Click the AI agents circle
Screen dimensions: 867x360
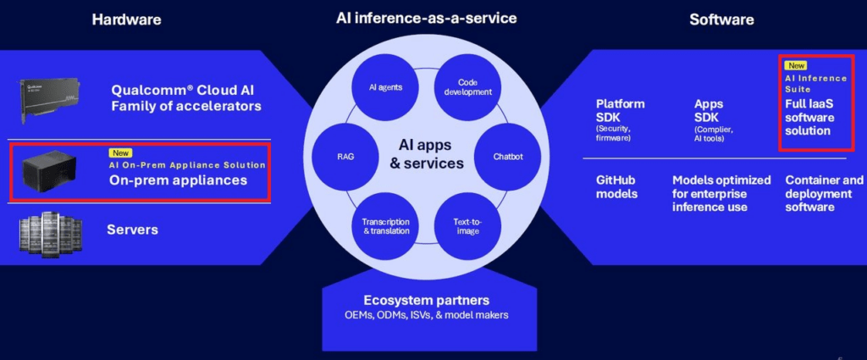(385, 87)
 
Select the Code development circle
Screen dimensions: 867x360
(467, 87)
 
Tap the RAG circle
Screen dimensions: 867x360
(345, 157)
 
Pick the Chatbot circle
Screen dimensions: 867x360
(508, 157)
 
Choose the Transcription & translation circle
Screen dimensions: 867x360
(386, 226)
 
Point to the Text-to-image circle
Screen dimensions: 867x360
(467, 226)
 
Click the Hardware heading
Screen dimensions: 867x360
(127, 20)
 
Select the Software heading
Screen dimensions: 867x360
(721, 20)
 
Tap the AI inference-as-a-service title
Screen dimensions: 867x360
(427, 19)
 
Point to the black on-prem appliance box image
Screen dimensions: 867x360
(48, 171)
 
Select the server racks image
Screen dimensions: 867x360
(51, 231)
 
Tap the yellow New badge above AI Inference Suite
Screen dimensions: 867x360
(796, 66)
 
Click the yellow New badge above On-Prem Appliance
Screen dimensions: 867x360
(120, 153)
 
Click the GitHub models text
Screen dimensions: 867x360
(616, 187)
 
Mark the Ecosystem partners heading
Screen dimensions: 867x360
(427, 300)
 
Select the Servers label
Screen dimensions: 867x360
(133, 230)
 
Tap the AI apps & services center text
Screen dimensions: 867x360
(427, 154)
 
